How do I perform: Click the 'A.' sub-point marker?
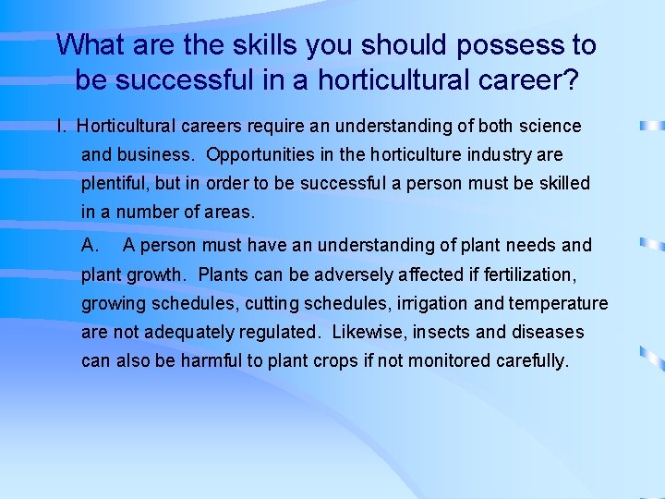point(91,245)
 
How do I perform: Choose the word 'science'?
point(550,126)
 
